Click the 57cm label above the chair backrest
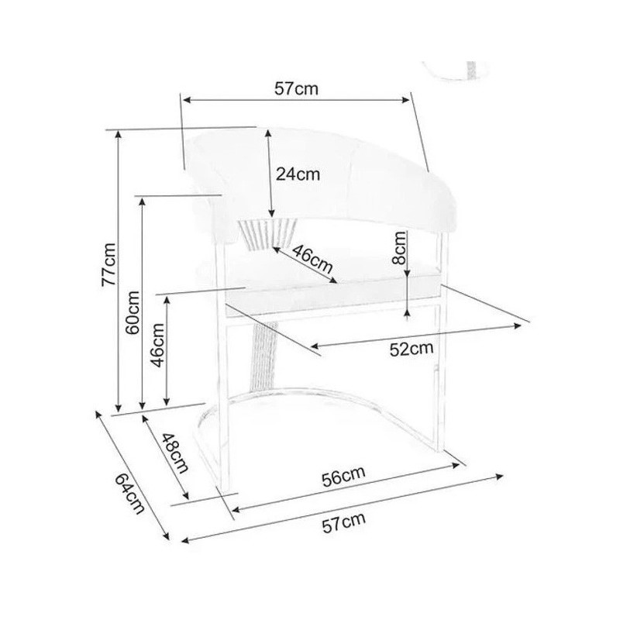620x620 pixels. (x=296, y=89)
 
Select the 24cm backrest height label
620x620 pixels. (x=298, y=174)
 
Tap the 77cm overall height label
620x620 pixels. (x=108, y=264)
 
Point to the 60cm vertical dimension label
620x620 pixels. (x=133, y=312)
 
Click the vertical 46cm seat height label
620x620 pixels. (x=158, y=345)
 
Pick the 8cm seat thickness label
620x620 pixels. (x=400, y=248)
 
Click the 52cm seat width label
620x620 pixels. (x=412, y=349)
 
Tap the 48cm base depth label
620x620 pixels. (x=175, y=453)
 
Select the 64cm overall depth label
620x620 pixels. (x=130, y=494)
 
